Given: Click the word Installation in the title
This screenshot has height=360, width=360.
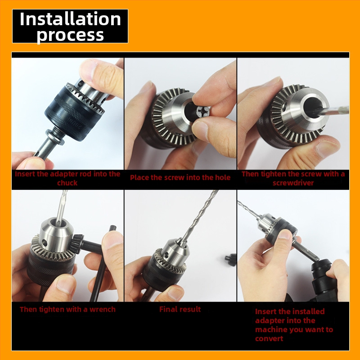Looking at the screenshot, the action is (x=70, y=19).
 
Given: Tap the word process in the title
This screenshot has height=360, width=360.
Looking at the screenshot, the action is (x=70, y=35).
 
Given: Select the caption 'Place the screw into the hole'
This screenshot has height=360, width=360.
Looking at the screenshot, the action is (x=180, y=177).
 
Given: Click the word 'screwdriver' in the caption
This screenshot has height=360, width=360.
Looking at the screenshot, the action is (x=293, y=183).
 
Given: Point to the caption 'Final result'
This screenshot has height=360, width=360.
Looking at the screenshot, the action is (x=180, y=309).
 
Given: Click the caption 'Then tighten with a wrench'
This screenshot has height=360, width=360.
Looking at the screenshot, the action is (x=67, y=310).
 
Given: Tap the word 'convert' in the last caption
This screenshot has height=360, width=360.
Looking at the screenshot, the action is (x=269, y=339).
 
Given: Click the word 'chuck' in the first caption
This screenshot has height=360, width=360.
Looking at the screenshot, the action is (x=67, y=183).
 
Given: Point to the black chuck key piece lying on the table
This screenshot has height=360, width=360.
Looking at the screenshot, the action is (x=230, y=260).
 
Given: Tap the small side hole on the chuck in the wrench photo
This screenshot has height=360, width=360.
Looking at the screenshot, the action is (x=44, y=242).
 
